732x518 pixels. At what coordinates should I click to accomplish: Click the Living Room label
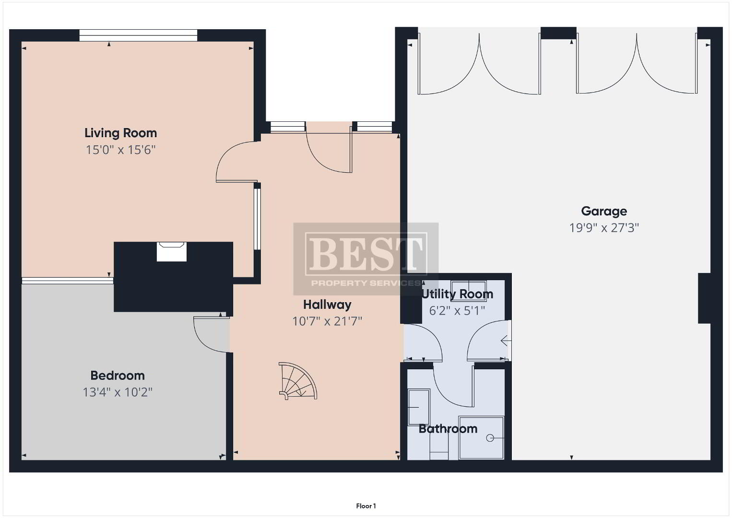(120, 133)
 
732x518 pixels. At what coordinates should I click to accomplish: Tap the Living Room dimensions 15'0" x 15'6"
(120, 150)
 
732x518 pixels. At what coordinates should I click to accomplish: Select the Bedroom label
(118, 376)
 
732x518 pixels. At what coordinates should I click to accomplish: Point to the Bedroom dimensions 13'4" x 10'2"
(118, 392)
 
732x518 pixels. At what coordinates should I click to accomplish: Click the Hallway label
(327, 305)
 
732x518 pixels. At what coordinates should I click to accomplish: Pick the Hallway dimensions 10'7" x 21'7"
(327, 321)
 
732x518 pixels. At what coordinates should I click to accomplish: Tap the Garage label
(604, 212)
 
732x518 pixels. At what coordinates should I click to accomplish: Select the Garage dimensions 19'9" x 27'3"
(604, 228)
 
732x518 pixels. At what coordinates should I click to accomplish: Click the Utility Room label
(457, 294)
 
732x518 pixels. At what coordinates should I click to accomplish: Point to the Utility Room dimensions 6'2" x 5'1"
(457, 310)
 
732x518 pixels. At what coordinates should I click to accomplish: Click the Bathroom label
(448, 429)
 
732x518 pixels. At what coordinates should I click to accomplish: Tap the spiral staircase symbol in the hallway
(298, 381)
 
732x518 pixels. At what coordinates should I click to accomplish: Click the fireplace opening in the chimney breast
(172, 252)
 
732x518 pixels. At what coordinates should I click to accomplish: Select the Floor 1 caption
(366, 506)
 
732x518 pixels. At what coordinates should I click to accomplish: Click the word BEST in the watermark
(366, 254)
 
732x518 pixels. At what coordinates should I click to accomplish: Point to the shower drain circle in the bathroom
(490, 438)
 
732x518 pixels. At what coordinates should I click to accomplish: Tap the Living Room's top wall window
(138, 35)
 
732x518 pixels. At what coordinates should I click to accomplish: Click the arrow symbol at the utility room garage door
(506, 341)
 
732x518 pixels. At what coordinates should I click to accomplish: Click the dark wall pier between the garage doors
(558, 33)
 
